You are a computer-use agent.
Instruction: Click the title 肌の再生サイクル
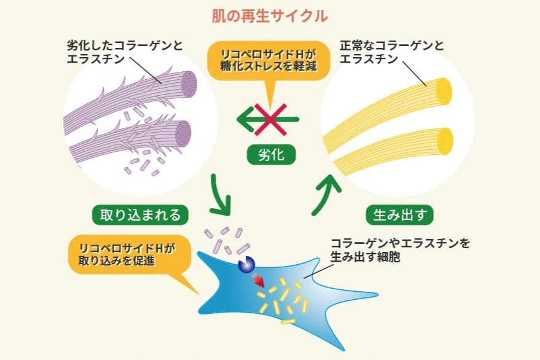tap(270, 16)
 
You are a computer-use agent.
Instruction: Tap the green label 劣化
tap(270, 154)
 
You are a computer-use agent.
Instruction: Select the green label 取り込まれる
tap(140, 214)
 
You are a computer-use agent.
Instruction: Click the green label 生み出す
tap(399, 214)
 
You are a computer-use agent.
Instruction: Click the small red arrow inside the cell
tap(260, 281)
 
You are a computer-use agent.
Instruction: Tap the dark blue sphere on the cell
tap(246, 264)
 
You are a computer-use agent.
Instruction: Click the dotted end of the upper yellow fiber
tap(444, 91)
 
